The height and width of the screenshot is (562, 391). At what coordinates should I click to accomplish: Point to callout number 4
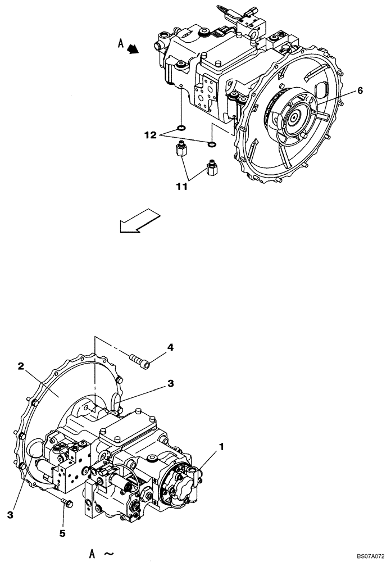[x=170, y=347]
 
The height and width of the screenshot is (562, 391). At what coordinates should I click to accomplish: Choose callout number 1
[x=223, y=447]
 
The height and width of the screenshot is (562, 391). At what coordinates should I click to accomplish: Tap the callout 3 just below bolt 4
[x=170, y=384]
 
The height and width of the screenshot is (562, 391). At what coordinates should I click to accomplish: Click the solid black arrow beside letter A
[x=133, y=50]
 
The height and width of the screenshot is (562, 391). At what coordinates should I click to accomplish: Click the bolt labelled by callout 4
[x=140, y=361]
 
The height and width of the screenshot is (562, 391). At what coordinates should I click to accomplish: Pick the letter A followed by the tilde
[x=92, y=553]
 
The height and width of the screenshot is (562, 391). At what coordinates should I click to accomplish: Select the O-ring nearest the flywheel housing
[x=212, y=145]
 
